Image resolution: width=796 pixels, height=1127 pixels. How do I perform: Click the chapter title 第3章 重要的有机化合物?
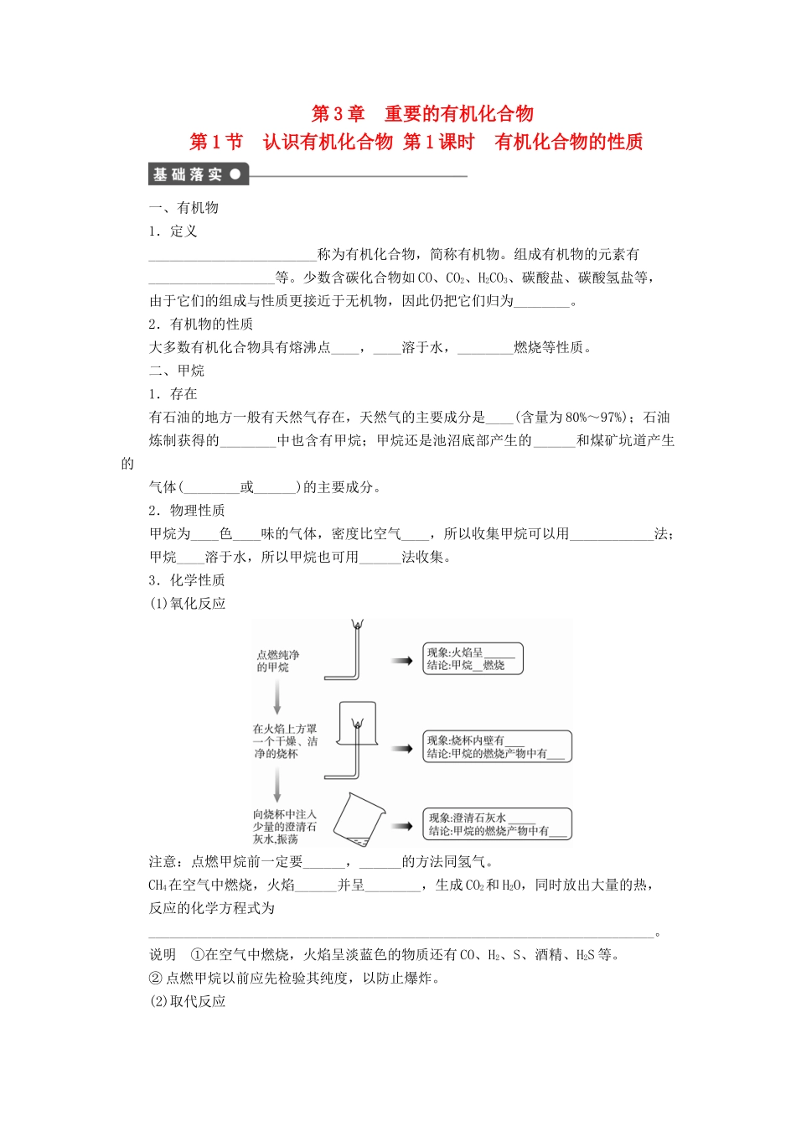coord(422,114)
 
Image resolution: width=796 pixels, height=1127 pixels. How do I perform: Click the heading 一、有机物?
coord(183,208)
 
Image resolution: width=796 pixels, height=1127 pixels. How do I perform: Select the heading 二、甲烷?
coord(176,371)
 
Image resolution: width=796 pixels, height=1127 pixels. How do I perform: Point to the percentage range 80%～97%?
coord(594,418)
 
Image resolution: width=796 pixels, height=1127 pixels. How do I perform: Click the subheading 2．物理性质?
coord(187,511)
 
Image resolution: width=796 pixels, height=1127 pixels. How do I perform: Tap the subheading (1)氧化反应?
coord(187,604)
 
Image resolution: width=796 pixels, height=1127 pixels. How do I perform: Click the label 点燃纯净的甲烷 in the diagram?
coord(277,661)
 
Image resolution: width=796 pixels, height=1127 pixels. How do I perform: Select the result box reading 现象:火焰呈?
coord(473,658)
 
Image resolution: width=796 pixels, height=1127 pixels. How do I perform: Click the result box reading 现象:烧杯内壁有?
coord(497,746)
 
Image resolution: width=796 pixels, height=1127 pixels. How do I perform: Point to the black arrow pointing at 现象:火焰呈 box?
coord(401,660)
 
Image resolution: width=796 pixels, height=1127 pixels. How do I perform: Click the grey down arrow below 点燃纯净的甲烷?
coord(277,697)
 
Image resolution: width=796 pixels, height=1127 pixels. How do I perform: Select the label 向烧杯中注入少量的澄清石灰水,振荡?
coord(285,827)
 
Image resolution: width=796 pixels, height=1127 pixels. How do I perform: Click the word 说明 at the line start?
coord(163,954)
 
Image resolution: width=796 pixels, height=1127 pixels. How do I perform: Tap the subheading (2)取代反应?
coord(187,1001)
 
